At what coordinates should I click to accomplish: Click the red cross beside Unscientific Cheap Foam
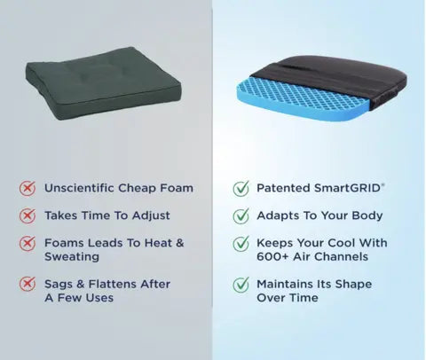[x=28, y=188]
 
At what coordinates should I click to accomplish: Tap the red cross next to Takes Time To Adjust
[x=28, y=215]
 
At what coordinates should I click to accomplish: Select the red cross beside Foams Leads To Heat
[x=28, y=243]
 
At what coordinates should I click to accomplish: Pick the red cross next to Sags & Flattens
[x=28, y=284]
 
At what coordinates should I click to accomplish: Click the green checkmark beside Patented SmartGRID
[x=241, y=188]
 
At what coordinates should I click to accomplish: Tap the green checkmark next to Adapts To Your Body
[x=241, y=215]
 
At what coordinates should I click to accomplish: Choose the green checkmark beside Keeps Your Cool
[x=241, y=243]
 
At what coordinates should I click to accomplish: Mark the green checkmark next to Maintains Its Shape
[x=241, y=285]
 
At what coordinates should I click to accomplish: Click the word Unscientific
[x=79, y=188]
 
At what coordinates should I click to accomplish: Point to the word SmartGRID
[x=347, y=188]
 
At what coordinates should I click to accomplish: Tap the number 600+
[x=272, y=256]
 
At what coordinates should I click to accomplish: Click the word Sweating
[x=72, y=257]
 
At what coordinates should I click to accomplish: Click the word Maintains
[x=285, y=284]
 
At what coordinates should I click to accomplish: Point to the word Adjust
[x=151, y=215]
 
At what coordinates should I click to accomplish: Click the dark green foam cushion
[x=104, y=84]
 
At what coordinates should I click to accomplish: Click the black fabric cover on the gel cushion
[x=335, y=77]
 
